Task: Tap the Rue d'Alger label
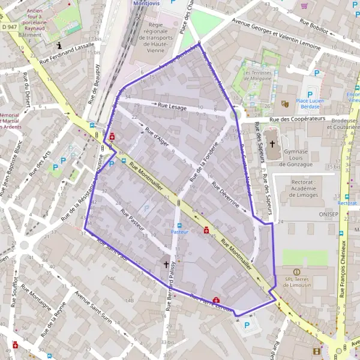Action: (158, 137)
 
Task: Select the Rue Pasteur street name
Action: (133, 220)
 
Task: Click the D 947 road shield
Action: (10, 27)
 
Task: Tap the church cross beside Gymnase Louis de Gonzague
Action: (272, 144)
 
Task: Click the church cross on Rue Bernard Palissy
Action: (166, 263)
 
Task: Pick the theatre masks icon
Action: (285, 104)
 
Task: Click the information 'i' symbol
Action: (59, 45)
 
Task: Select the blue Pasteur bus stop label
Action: (179, 231)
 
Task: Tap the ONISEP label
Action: (329, 213)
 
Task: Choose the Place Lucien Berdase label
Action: (310, 104)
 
